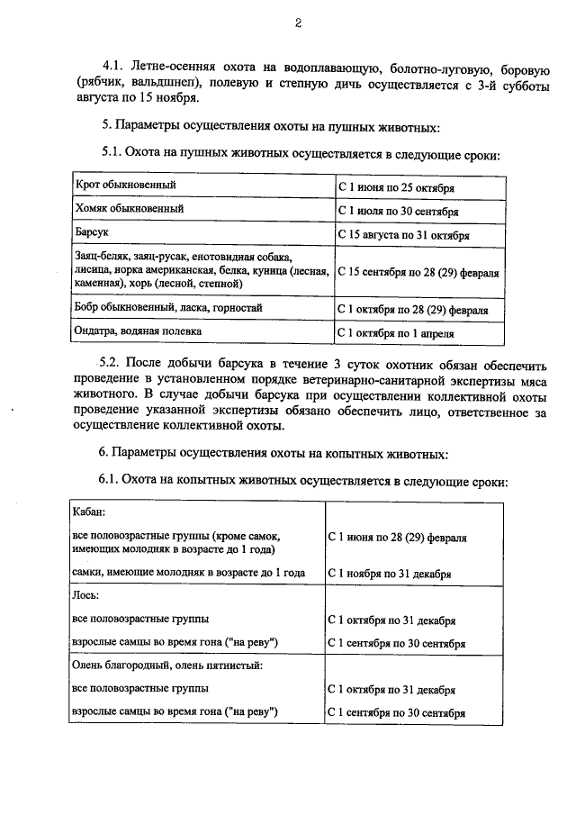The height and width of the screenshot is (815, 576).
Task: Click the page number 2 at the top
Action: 297,24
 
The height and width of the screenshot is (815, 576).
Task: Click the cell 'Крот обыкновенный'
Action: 125,186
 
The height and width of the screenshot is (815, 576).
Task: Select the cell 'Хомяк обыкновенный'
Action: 130,210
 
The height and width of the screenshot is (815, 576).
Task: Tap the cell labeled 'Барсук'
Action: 92,233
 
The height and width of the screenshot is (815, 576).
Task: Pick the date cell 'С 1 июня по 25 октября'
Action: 396,187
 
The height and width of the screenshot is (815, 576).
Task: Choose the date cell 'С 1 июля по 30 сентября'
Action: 398,212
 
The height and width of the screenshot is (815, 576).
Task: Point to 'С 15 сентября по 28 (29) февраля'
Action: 418,271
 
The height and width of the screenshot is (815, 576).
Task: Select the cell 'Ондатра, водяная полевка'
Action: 138,331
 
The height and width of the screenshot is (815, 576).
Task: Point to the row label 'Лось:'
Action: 85,595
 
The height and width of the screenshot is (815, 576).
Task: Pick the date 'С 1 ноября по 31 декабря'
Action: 390,573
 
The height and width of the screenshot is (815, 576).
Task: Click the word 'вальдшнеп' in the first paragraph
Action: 170,82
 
